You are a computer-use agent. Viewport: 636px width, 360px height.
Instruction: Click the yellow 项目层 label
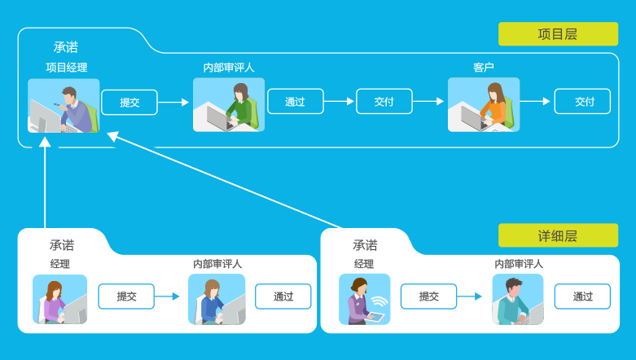pos(558,34)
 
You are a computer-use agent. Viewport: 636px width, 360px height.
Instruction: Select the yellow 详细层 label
pos(558,235)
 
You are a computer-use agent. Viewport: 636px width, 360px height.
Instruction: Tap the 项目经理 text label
pos(66,68)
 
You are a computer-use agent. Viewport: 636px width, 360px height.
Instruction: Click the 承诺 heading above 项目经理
pos(66,47)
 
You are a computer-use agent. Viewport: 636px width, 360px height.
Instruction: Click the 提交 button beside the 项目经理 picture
pos(129,102)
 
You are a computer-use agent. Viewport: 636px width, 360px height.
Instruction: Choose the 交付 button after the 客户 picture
pos(582,102)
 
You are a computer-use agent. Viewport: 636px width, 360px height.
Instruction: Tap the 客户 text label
pos(484,68)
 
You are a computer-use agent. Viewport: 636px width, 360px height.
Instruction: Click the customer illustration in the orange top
pos(484,105)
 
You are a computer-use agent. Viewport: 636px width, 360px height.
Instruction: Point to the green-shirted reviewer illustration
pos(229,105)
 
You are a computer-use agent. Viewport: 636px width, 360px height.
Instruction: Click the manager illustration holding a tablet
pos(364,299)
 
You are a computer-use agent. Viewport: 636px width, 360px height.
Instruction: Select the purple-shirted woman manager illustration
pos(60,300)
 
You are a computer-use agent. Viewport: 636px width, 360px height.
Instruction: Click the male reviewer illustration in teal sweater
pos(517,299)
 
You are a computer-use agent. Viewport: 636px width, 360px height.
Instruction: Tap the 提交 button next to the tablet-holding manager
pos(429,296)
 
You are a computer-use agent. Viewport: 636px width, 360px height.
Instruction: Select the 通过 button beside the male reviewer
pos(582,296)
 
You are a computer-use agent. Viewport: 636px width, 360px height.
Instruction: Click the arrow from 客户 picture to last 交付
pos(535,102)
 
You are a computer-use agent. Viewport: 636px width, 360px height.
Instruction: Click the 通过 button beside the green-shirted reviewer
pos(296,102)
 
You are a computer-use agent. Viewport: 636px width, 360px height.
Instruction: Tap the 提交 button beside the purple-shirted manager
pos(126,296)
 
